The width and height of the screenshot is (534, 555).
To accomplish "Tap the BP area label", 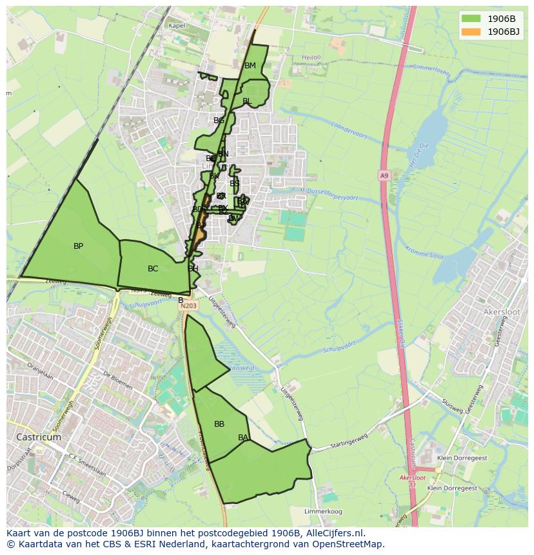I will point(78,246).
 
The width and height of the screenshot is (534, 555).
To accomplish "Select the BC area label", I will point(153,269).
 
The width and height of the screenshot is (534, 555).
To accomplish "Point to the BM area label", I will point(250,66).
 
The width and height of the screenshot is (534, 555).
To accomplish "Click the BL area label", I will point(247,101).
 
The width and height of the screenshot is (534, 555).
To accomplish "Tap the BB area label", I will point(219,424).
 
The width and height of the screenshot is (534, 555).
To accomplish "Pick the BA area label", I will point(243,438).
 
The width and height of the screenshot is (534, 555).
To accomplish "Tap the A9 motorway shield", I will point(384,175).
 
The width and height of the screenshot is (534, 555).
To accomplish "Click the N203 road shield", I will point(188,306).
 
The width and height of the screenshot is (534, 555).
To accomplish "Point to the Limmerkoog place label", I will point(323,511).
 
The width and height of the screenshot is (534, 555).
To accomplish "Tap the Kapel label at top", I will point(176,26).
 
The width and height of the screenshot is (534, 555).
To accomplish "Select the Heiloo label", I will point(311,57).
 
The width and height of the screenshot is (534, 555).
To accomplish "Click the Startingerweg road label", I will point(349,445).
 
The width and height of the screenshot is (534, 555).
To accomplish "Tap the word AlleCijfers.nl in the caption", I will point(335,534).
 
